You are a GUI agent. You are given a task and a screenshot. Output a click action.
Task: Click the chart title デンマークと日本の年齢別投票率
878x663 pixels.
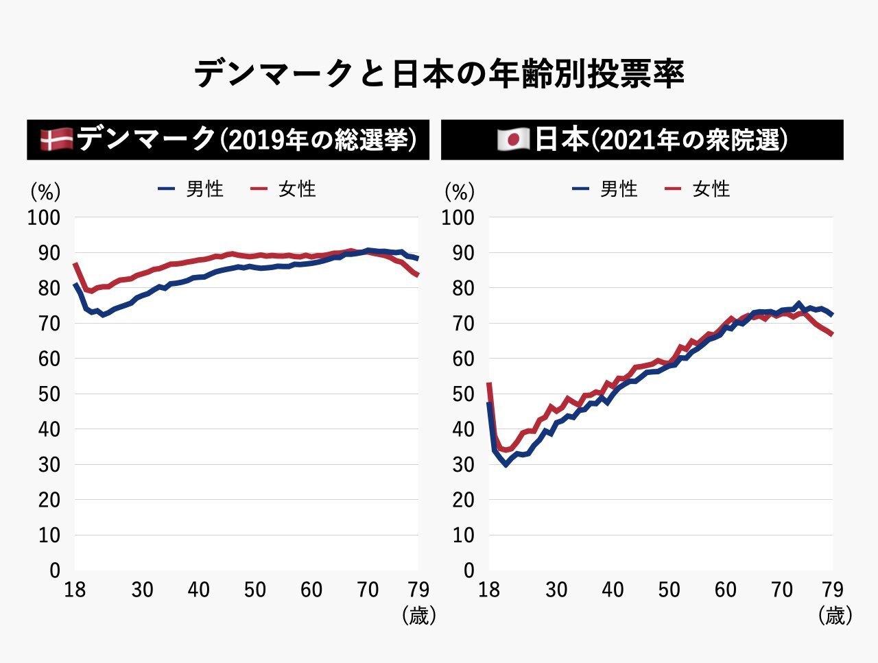(x=439, y=74)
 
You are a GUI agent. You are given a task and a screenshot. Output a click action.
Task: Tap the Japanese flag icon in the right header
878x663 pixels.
(x=513, y=140)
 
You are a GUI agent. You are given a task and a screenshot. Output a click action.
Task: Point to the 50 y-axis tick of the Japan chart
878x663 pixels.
(x=459, y=394)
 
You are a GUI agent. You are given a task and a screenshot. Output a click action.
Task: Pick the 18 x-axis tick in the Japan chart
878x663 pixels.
(x=488, y=590)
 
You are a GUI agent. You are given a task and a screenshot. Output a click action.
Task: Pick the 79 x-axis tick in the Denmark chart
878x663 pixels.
(x=417, y=590)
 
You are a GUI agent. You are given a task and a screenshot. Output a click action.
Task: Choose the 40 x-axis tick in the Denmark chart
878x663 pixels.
(x=199, y=590)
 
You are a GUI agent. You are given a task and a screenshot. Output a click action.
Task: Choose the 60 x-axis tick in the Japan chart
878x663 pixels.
(x=726, y=590)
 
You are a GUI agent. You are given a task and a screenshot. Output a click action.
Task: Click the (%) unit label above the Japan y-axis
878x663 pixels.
(x=459, y=191)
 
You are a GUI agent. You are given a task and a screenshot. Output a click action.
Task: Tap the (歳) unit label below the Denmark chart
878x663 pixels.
(x=418, y=616)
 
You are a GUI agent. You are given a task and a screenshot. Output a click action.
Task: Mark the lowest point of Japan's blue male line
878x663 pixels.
(x=506, y=465)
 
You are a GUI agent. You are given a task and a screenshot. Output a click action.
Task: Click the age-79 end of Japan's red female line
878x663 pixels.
(x=832, y=335)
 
